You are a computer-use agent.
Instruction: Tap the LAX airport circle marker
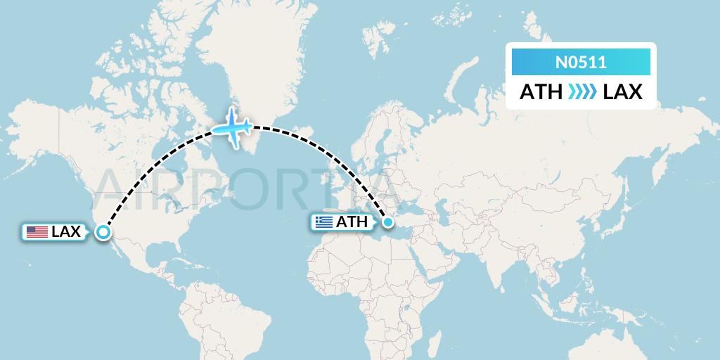pyautogui.click(x=103, y=232)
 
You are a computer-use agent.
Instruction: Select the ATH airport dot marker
pyautogui.click(x=387, y=223)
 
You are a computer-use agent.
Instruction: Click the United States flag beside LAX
pyautogui.click(x=37, y=232)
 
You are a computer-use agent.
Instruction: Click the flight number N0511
pyautogui.click(x=581, y=63)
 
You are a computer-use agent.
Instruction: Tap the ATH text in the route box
pyautogui.click(x=540, y=92)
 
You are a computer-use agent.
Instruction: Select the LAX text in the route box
pyautogui.click(x=622, y=92)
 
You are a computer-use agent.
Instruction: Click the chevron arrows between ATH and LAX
pyautogui.click(x=581, y=92)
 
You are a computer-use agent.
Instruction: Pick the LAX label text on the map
pyautogui.click(x=66, y=232)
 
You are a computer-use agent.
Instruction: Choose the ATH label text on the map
pyautogui.click(x=352, y=222)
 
